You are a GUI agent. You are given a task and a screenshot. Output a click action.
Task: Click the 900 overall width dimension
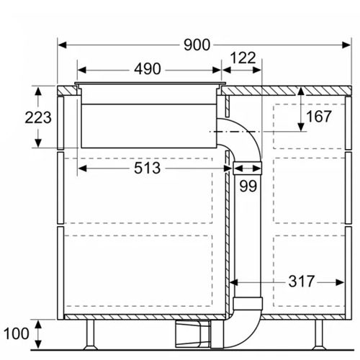pos(195,45)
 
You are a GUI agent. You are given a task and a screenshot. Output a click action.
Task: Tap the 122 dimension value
pos(243,58)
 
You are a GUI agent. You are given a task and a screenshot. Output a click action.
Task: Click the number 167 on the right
pos(317,116)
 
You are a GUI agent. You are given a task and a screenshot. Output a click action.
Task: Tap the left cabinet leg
pos(91,333)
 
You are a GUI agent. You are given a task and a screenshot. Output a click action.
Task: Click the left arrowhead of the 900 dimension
pos(61,45)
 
